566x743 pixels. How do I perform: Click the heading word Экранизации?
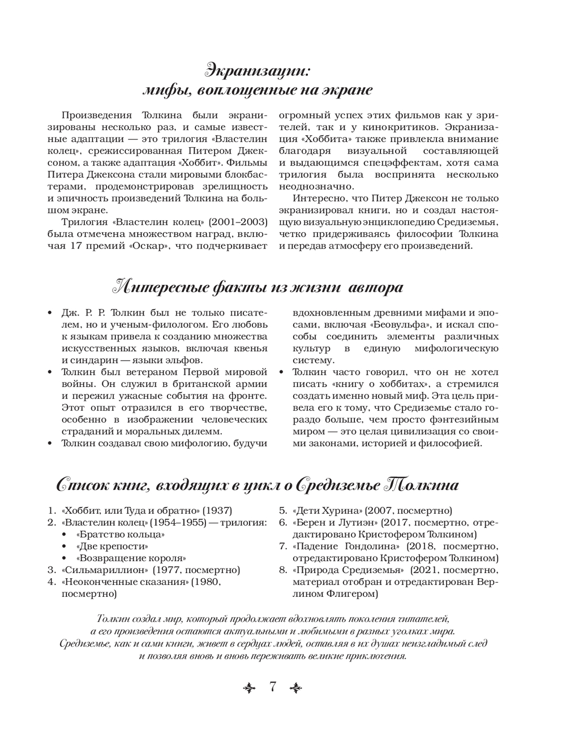pos(258,71)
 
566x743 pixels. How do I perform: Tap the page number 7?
pos(272,688)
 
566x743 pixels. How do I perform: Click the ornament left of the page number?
pos(249,688)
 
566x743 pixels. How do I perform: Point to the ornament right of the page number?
pos(296,688)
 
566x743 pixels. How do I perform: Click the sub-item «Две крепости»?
pos(112,546)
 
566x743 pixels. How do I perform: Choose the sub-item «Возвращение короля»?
pos(131,558)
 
